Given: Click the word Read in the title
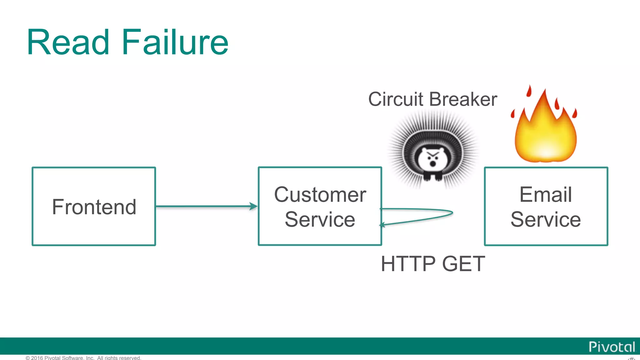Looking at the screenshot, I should click(68, 42).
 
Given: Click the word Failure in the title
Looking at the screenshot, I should click(175, 42).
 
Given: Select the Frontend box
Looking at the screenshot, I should click(94, 207).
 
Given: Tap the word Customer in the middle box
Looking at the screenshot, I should click(320, 194).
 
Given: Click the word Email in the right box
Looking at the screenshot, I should click(546, 194).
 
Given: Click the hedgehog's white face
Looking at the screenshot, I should click(433, 158).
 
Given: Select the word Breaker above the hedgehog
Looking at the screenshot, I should click(463, 99).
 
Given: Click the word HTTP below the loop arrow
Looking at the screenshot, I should click(408, 264).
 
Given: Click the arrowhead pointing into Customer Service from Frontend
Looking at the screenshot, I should click(254, 206).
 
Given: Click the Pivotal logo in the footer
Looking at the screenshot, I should click(612, 347).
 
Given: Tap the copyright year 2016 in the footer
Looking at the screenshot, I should click(37, 358).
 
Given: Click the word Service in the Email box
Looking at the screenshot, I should click(546, 219).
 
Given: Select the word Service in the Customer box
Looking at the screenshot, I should click(320, 219).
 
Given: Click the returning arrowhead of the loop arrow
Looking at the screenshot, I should click(382, 225).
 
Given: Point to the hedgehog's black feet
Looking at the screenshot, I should click(433, 177).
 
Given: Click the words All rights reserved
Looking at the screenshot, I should click(119, 358).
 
